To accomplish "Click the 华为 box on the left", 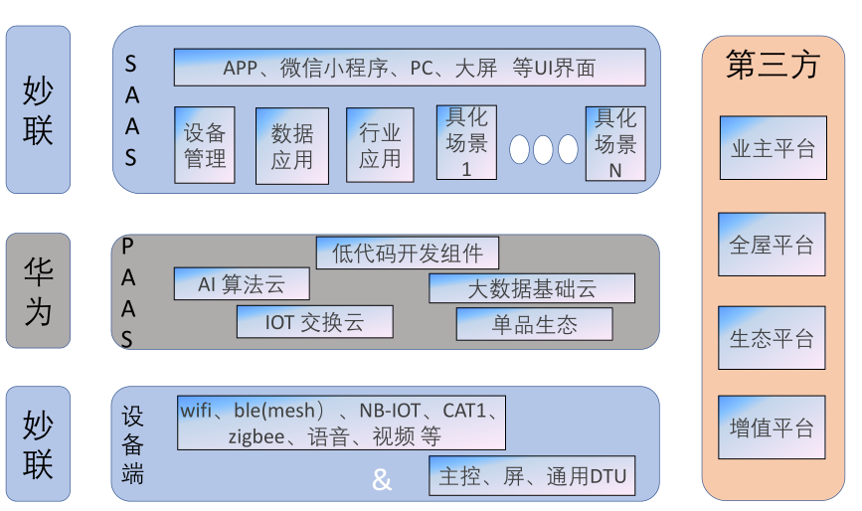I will coord(38,291).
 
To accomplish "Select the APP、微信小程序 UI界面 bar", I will coord(409,68).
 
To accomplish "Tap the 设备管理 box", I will coord(205,145).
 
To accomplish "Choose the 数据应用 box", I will coord(291,145).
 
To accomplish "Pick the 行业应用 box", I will coord(379,145).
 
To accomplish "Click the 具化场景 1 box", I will coord(466,142).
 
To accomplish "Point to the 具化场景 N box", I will coord(614,142).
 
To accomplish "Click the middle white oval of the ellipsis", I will coord(543,149).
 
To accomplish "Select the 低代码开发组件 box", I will coord(407,253).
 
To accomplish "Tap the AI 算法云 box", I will coord(241,284).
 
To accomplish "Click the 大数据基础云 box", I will coord(531,288).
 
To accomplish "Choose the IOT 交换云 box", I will coord(314,322).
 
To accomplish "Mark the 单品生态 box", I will coord(534,324).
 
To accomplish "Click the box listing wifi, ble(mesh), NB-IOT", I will coord(341,423).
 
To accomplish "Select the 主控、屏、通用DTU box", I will coord(532,476).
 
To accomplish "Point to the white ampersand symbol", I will coord(382,481).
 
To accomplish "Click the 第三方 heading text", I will coord(773,65).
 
